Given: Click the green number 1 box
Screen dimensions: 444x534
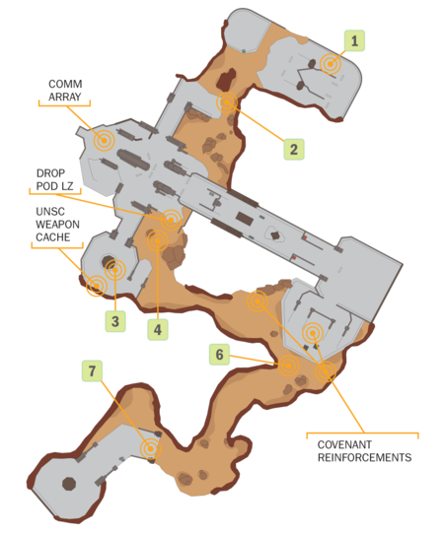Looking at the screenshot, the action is coord(354,40).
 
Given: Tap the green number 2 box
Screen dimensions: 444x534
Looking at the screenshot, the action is coord(294,149).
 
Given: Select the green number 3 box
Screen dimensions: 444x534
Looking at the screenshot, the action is coord(115,321).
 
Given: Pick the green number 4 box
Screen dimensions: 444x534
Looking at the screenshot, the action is coord(158,329).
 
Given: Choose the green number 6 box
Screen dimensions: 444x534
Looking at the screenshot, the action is coord(219,355).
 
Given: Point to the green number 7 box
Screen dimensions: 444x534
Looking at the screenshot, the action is coord(92,370).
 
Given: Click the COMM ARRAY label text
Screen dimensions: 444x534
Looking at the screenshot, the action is coord(65,91).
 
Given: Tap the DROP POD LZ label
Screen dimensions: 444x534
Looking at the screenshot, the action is coord(54,179).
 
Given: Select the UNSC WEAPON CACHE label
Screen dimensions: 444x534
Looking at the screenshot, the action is coord(57,225).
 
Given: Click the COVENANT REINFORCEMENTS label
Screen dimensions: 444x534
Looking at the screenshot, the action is coord(364,451).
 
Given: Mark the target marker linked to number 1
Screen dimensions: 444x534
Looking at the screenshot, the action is coord(331,64).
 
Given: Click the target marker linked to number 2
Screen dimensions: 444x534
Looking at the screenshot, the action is coord(227,102).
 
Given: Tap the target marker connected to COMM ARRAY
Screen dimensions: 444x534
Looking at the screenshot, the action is coord(104,140).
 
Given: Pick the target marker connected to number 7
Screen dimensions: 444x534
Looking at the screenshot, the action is coord(150,448).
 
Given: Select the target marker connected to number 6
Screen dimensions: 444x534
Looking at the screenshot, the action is coord(288,366).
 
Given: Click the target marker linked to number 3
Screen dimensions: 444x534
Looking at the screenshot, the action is coord(115,270).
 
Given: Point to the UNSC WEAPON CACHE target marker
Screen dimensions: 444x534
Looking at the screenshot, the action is coord(97,286).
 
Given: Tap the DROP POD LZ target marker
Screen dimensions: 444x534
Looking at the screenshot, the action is coord(171,220).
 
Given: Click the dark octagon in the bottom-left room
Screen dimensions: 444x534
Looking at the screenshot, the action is coord(69,484).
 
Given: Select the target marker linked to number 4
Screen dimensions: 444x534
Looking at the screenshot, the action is coord(158,240).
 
